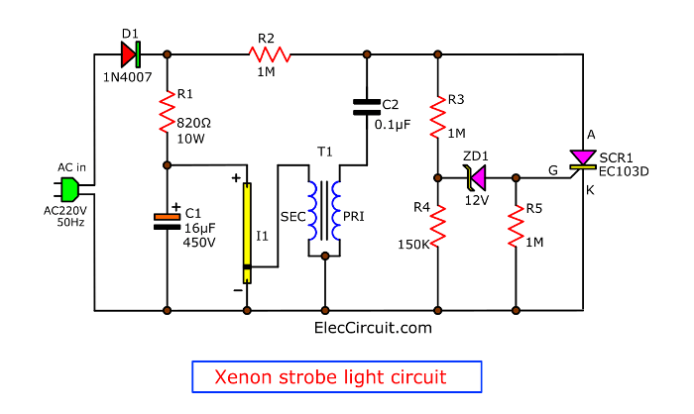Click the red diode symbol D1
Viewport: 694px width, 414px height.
click(x=130, y=53)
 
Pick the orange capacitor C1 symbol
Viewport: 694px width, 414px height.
click(x=166, y=220)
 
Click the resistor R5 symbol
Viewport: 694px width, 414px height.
click(x=516, y=227)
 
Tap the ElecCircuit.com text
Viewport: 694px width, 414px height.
click(x=373, y=326)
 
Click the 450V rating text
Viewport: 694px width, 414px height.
click(x=200, y=243)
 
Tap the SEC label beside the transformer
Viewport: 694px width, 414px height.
click(x=292, y=215)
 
